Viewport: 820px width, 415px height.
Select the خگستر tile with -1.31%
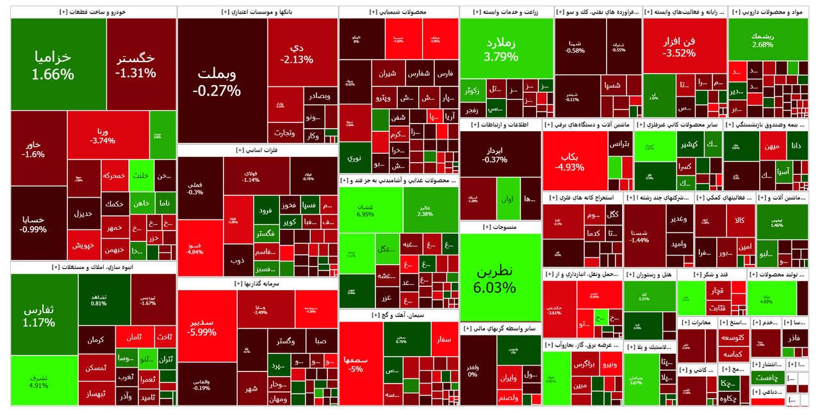click(136, 64)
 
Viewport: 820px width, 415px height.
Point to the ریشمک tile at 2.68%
click(763, 39)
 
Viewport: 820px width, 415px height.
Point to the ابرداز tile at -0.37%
click(493, 154)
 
